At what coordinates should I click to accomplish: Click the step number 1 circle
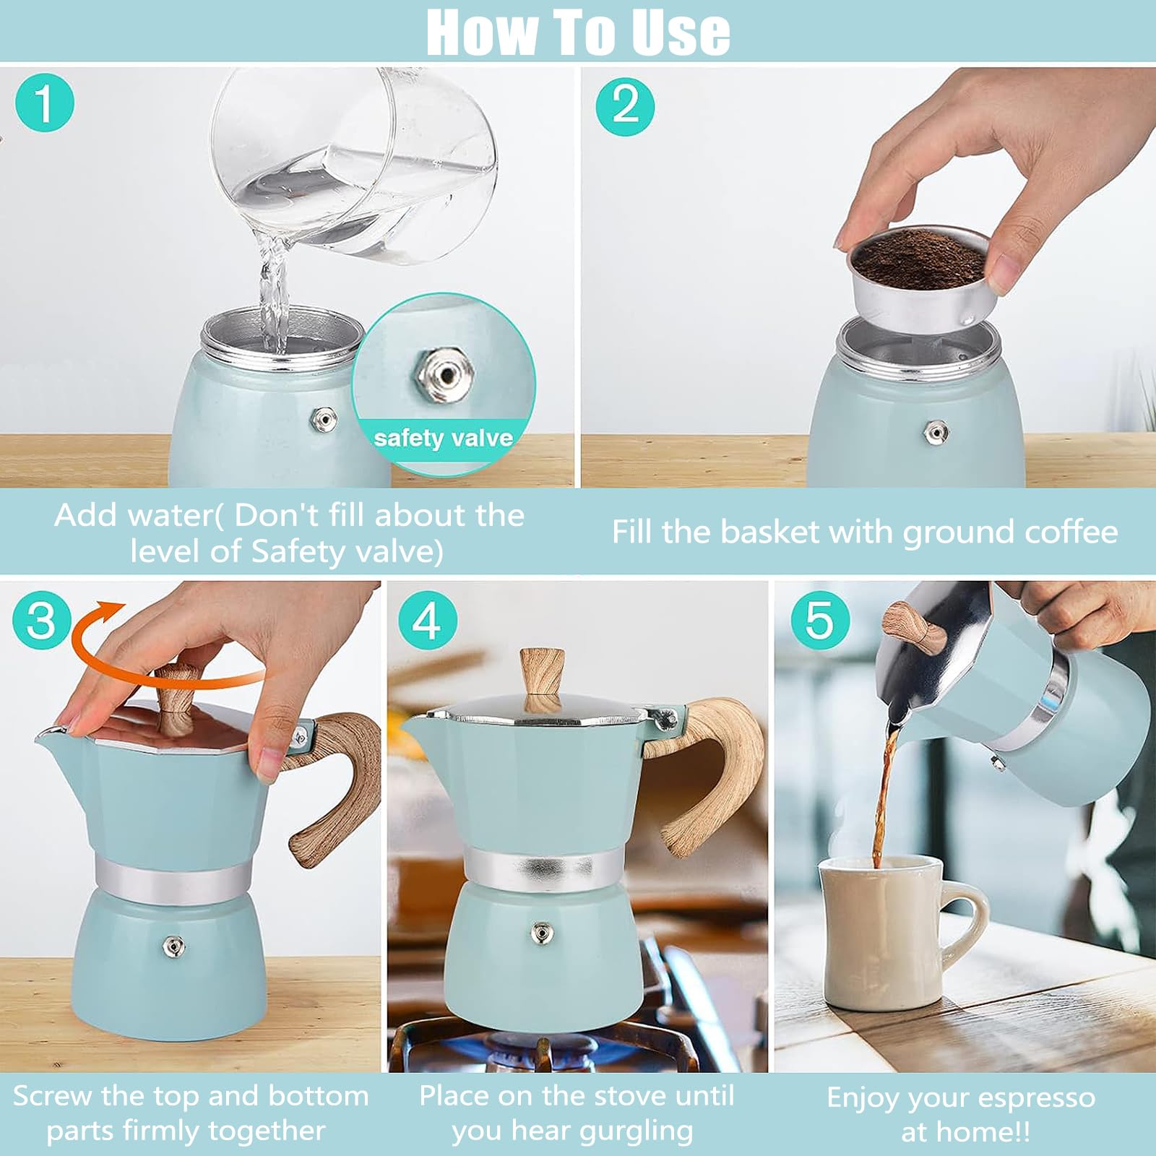45,104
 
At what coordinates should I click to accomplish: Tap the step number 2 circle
626,107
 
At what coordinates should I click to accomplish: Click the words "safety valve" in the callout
443,438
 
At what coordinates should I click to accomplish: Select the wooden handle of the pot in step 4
712,773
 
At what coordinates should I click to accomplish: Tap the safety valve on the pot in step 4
540,933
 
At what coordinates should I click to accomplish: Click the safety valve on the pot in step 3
173,945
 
